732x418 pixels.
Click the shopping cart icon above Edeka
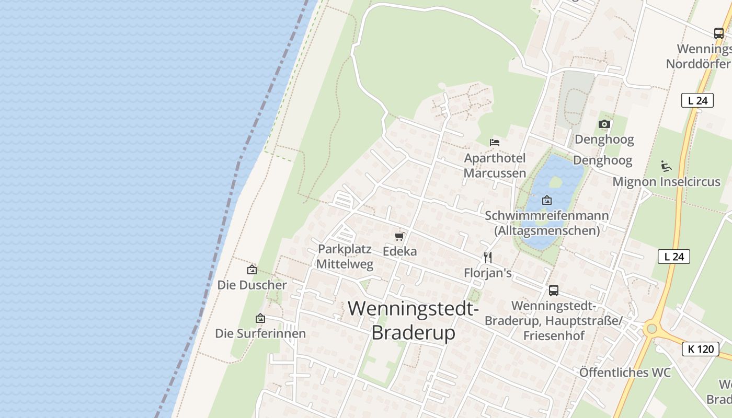pyautogui.click(x=399, y=237)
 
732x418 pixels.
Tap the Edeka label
pyautogui.click(x=400, y=251)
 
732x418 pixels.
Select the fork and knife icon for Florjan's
pyautogui.click(x=488, y=257)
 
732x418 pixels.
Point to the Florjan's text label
pyautogui.click(x=488, y=273)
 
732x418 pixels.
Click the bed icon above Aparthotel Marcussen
pyautogui.click(x=495, y=142)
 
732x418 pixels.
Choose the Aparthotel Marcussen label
pyautogui.click(x=495, y=165)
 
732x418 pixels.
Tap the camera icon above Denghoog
pyautogui.click(x=604, y=124)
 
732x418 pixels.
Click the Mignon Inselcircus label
pyautogui.click(x=666, y=182)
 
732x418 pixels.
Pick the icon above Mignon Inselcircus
pyautogui.click(x=666, y=167)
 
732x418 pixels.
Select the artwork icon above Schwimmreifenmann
pyautogui.click(x=547, y=200)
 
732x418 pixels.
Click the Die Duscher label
pyautogui.click(x=252, y=285)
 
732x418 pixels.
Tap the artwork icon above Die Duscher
pyautogui.click(x=252, y=270)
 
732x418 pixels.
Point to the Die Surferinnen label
pyautogui.click(x=260, y=333)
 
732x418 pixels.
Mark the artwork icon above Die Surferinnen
pyautogui.click(x=260, y=318)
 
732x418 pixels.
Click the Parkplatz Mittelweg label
pyautogui.click(x=345, y=256)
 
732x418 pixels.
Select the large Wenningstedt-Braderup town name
pyautogui.click(x=413, y=320)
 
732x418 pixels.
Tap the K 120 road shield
pyautogui.click(x=700, y=349)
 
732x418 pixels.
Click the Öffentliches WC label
pyautogui.click(x=625, y=373)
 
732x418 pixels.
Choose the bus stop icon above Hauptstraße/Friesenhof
pyautogui.click(x=554, y=291)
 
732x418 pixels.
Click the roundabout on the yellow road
pyautogui.click(x=651, y=329)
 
